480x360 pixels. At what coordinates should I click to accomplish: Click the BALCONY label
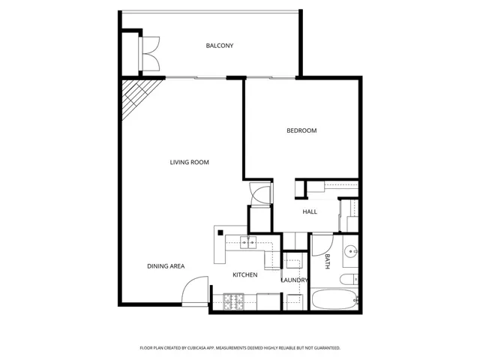(220, 46)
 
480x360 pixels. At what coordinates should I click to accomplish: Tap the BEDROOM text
(301, 130)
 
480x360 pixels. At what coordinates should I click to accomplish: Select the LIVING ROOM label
(189, 162)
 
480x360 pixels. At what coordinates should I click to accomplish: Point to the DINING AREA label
(166, 265)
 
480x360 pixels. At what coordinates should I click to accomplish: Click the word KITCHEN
(244, 274)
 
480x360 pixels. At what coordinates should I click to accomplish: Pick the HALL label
(310, 211)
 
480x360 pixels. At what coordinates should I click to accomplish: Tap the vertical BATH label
(328, 261)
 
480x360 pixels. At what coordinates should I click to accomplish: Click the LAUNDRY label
(293, 280)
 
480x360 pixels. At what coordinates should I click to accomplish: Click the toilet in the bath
(349, 279)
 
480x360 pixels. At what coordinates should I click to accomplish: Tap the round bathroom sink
(350, 251)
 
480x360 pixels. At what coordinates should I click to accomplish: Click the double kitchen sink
(248, 241)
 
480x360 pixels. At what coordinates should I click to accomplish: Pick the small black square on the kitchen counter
(221, 233)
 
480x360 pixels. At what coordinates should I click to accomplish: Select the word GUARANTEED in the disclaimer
(324, 348)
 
